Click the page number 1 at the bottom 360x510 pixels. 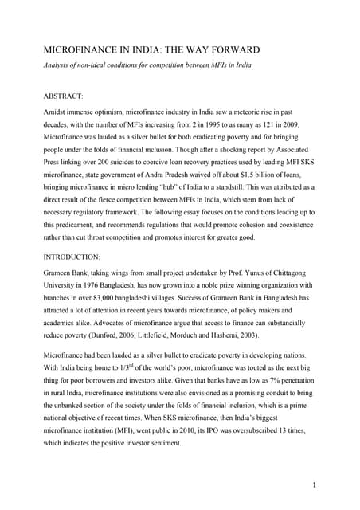[329, 484]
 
